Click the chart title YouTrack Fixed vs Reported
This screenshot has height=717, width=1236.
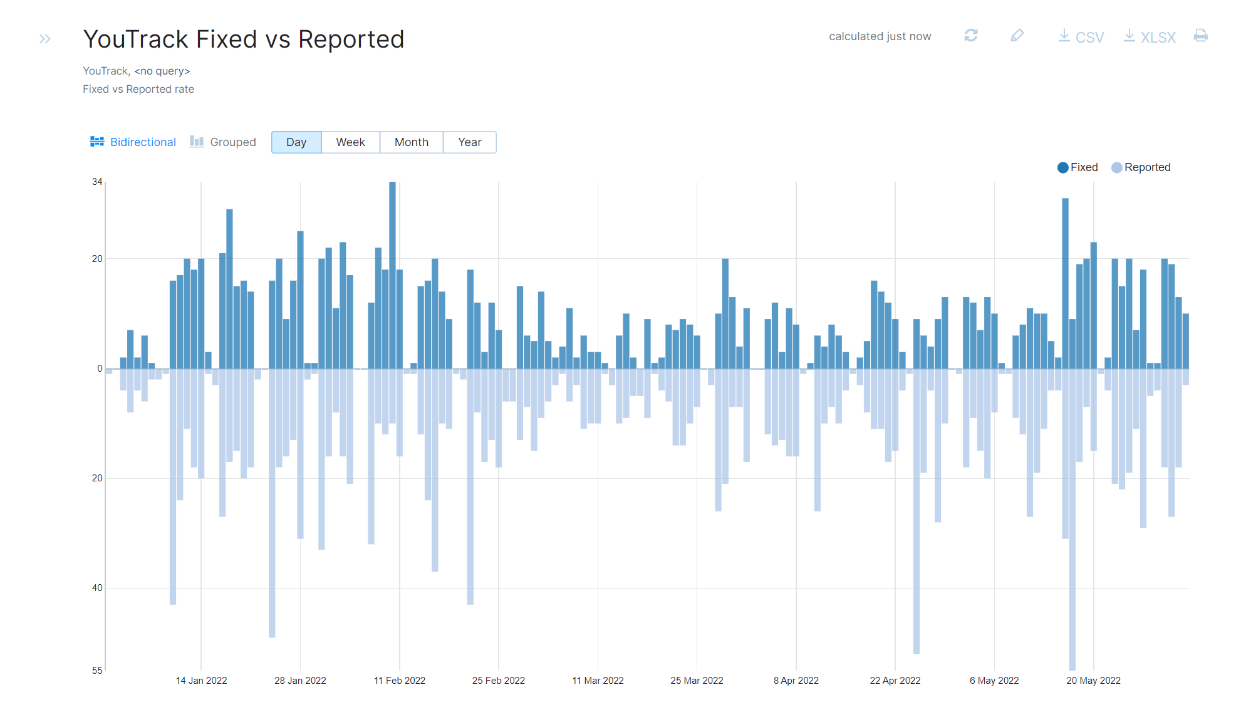coord(244,39)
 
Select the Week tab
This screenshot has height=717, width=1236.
coord(350,142)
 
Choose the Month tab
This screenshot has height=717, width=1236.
coord(411,142)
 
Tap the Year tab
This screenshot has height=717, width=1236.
coord(469,142)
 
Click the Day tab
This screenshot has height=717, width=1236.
coord(296,142)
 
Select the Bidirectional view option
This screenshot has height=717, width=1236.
coord(133,142)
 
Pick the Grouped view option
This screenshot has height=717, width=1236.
coord(223,142)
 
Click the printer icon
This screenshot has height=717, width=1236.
coord(1200,36)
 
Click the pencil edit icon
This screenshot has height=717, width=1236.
coord(1017,36)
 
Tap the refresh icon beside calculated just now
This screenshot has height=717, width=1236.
coord(970,36)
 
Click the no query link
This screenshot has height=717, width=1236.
coord(162,71)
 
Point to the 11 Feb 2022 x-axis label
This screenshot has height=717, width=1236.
coord(399,681)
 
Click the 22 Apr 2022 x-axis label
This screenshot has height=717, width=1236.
coord(895,681)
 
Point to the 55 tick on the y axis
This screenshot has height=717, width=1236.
coord(97,671)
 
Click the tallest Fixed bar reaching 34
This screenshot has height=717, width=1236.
coord(392,276)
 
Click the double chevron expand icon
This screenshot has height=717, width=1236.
coord(44,39)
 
